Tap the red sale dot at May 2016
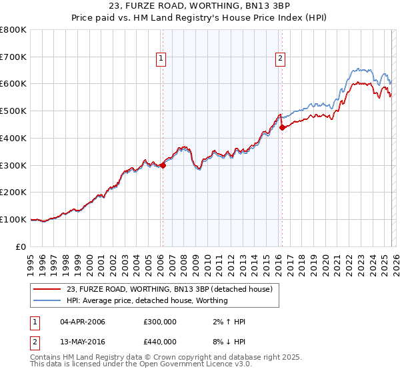pyautogui.click(x=282, y=127)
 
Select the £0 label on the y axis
pyautogui.click(x=21, y=246)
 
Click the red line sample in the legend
pyautogui.click(x=47, y=289)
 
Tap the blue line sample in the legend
pyautogui.click(x=47, y=300)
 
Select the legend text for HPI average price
pyautogui.click(x=147, y=300)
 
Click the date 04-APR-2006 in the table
pyautogui.click(x=83, y=322)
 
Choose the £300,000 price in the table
pyautogui.click(x=160, y=322)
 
